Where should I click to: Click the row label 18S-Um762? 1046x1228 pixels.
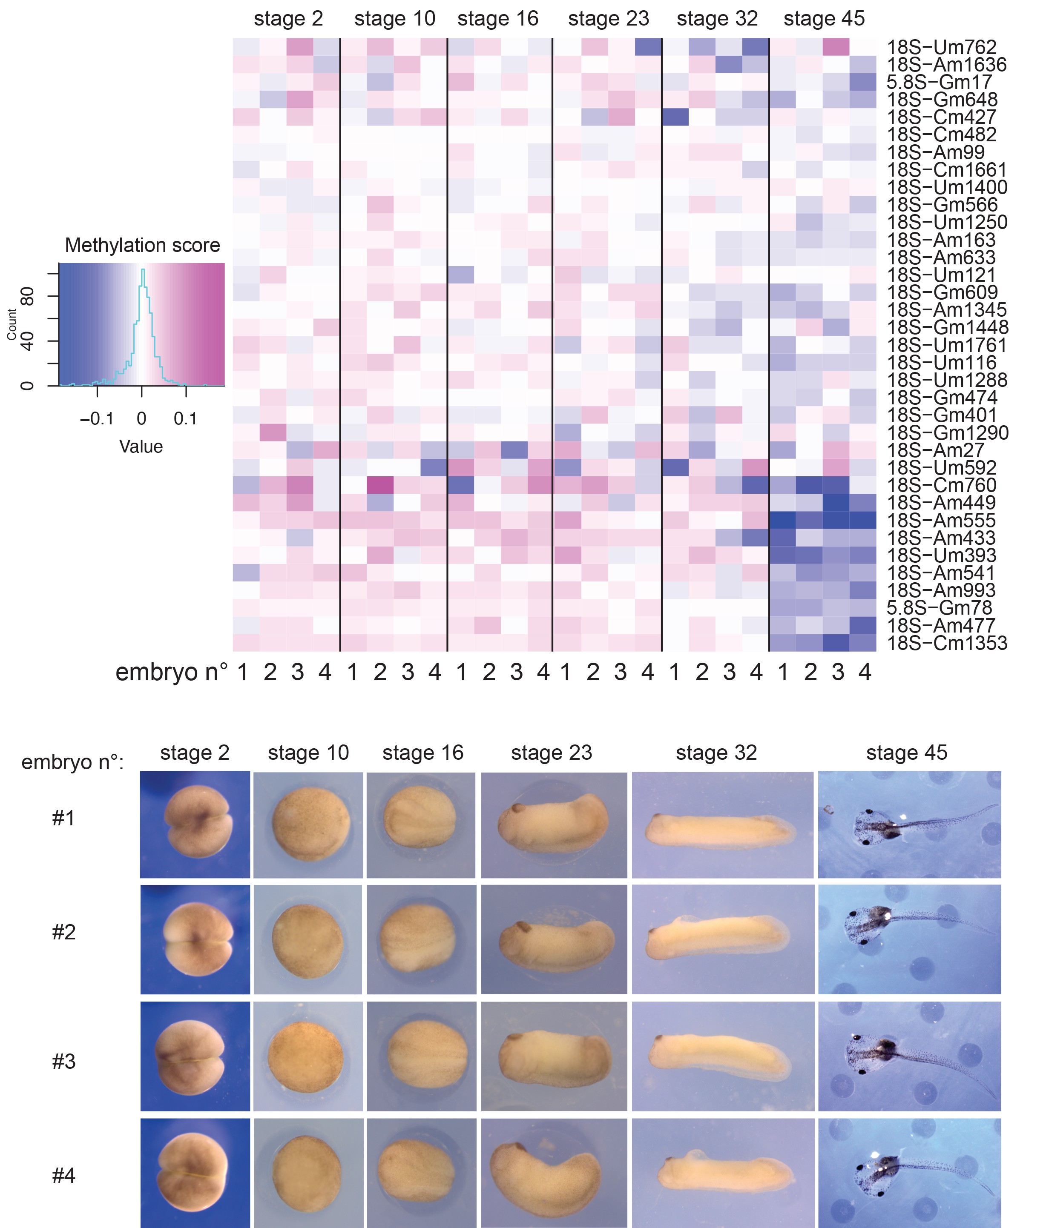pyautogui.click(x=941, y=47)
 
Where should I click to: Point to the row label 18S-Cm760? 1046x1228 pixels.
pyautogui.click(x=941, y=485)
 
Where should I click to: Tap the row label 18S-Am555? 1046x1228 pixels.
pyautogui.click(x=941, y=521)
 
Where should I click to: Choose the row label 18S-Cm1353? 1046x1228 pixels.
pyautogui.click(x=947, y=643)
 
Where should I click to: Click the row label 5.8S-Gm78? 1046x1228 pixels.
pyautogui.click(x=939, y=608)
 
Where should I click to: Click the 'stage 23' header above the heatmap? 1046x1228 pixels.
pyautogui.click(x=608, y=19)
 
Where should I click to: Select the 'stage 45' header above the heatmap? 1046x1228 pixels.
pyautogui.click(x=824, y=19)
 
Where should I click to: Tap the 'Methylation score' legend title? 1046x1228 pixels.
pyautogui.click(x=142, y=245)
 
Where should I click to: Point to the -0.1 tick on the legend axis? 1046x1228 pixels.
pyautogui.click(x=97, y=418)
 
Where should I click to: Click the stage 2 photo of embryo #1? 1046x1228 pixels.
pyautogui.click(x=195, y=824)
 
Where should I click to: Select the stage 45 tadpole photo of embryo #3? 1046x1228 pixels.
pyautogui.click(x=909, y=1056)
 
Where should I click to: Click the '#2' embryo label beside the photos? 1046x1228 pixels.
pyautogui.click(x=63, y=932)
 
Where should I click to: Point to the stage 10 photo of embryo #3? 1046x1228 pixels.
pyautogui.click(x=308, y=1056)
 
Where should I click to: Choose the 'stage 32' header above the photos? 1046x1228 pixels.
pyautogui.click(x=716, y=753)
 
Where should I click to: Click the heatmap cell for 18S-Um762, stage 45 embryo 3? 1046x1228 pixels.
pyautogui.click(x=836, y=47)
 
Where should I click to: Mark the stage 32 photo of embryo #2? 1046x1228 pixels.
pyautogui.click(x=722, y=939)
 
